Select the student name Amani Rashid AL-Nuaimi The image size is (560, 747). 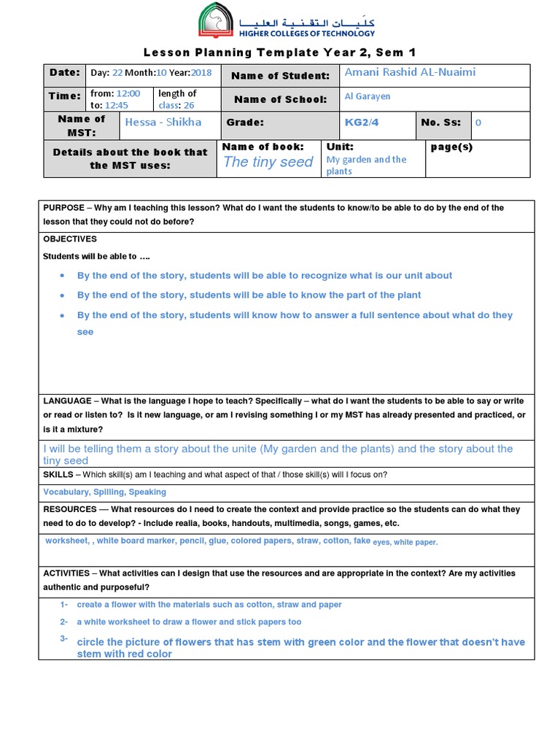410,72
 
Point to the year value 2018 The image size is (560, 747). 201,73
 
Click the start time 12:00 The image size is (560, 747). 128,93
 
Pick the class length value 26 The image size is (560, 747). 188,105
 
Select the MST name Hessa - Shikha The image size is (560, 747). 163,122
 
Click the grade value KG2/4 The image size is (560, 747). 362,122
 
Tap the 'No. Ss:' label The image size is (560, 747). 440,122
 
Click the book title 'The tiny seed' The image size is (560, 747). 268,162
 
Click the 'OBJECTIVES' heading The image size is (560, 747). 70,239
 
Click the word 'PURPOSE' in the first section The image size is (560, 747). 64,208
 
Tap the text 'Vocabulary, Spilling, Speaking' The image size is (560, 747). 104,492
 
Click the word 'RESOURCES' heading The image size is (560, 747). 69,508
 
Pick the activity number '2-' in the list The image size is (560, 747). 64,622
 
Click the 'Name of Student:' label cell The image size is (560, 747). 280,76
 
